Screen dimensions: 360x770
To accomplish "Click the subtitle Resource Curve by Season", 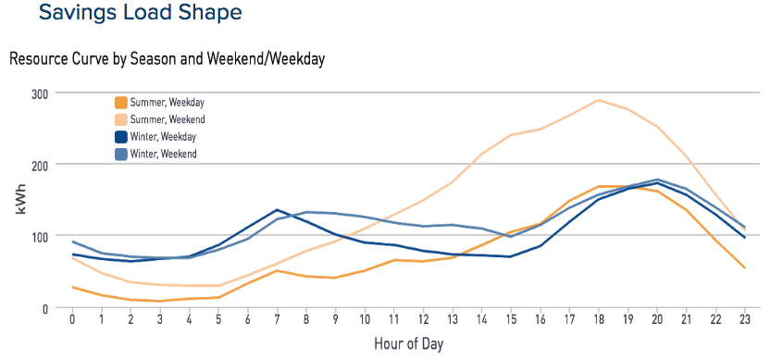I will (x=167, y=58).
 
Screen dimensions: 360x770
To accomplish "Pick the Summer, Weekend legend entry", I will (x=167, y=119).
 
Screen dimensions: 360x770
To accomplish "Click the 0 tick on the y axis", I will (x=43, y=308).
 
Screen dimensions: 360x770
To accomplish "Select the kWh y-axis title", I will (x=19, y=201).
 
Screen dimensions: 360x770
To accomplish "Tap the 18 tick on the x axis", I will (x=599, y=320).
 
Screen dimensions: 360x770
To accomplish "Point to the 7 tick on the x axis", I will (x=278, y=320).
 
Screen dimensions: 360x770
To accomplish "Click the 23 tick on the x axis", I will (x=745, y=320).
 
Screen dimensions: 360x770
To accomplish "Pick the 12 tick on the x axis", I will (x=424, y=320).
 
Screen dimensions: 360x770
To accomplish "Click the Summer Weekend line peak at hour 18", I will (x=599, y=100).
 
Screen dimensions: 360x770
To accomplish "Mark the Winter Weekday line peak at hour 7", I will (x=278, y=210).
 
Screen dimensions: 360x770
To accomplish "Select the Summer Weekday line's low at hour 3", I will (x=160, y=301).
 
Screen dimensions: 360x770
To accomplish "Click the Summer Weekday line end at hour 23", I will (x=745, y=268).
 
